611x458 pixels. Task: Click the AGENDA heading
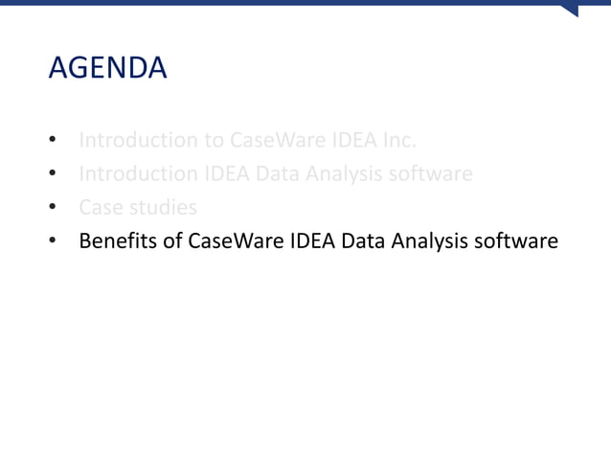pos(107,69)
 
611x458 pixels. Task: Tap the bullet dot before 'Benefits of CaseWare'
pos(54,241)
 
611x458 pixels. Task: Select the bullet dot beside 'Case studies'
pos(54,208)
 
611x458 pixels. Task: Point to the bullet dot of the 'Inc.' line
pos(54,142)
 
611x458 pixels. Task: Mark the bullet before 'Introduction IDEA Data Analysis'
pos(54,175)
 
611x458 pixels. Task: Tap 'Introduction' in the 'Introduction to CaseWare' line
pos(138,141)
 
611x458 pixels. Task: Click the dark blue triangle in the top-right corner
pos(570,10)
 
